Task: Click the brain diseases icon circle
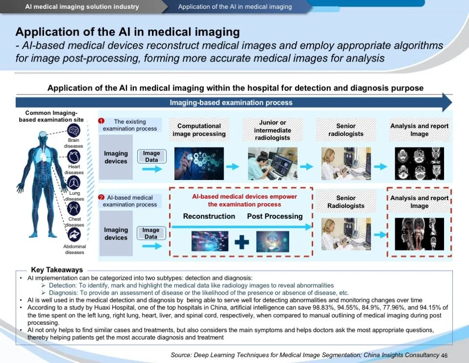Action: click(x=74, y=131)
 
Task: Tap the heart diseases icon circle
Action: click(x=74, y=157)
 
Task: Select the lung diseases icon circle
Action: click(x=74, y=183)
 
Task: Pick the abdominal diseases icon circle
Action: click(x=74, y=235)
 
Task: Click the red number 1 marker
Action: click(x=101, y=121)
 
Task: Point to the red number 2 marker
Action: click(x=101, y=197)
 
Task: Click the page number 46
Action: click(x=444, y=355)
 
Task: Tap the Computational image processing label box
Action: click(x=199, y=130)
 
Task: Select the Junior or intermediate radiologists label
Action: click(x=273, y=130)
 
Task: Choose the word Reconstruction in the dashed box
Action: click(x=209, y=216)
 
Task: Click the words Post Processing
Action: click(x=275, y=216)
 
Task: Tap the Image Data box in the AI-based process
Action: click(x=151, y=233)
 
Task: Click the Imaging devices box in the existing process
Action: click(x=116, y=157)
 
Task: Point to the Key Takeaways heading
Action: click(x=57, y=270)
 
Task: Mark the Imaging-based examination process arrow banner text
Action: click(x=231, y=103)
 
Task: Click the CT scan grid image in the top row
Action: click(x=419, y=163)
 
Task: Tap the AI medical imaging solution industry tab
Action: click(x=82, y=7)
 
